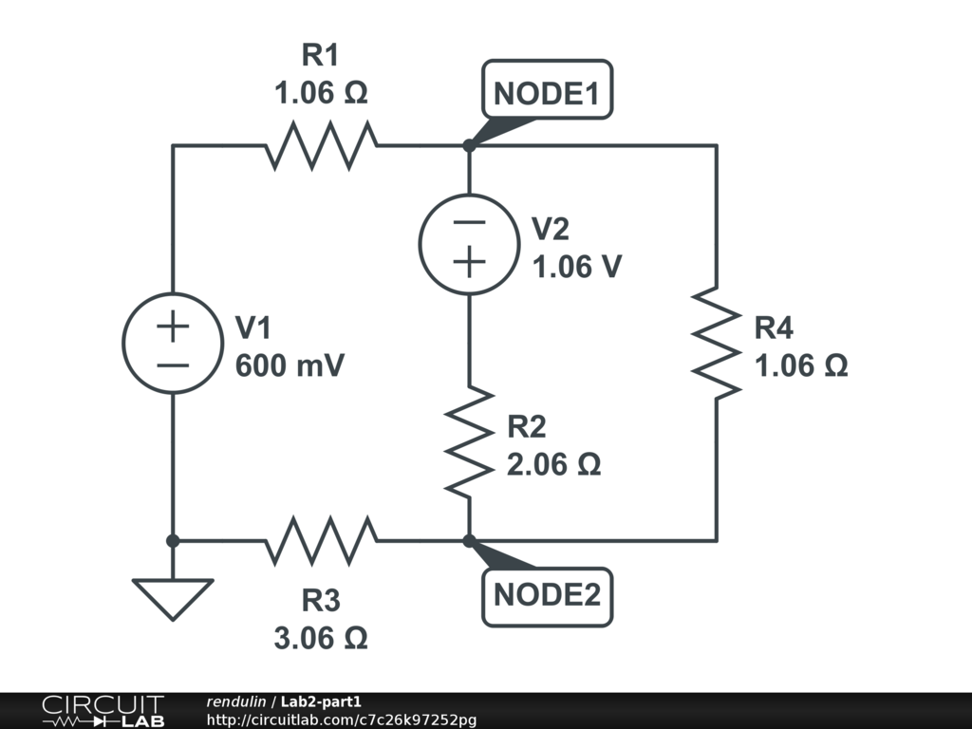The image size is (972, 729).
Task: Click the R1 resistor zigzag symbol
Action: [321, 145]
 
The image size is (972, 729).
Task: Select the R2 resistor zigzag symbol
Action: [469, 441]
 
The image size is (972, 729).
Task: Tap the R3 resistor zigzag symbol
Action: [321, 540]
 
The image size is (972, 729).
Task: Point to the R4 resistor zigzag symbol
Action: [717, 343]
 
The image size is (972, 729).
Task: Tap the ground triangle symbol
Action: [173, 599]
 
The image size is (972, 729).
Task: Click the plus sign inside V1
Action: [173, 327]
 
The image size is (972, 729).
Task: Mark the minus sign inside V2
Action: [469, 222]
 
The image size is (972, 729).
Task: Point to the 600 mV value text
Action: [290, 365]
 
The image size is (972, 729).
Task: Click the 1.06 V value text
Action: [576, 267]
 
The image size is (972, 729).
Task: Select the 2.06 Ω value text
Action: [553, 464]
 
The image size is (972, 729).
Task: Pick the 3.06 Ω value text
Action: [321, 638]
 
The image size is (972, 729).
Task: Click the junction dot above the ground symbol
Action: [173, 540]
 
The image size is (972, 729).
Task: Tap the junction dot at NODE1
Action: [469, 145]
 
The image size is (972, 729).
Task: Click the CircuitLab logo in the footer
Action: [103, 711]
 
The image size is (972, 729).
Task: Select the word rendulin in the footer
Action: [235, 701]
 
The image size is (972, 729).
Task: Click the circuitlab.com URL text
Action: [342, 720]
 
